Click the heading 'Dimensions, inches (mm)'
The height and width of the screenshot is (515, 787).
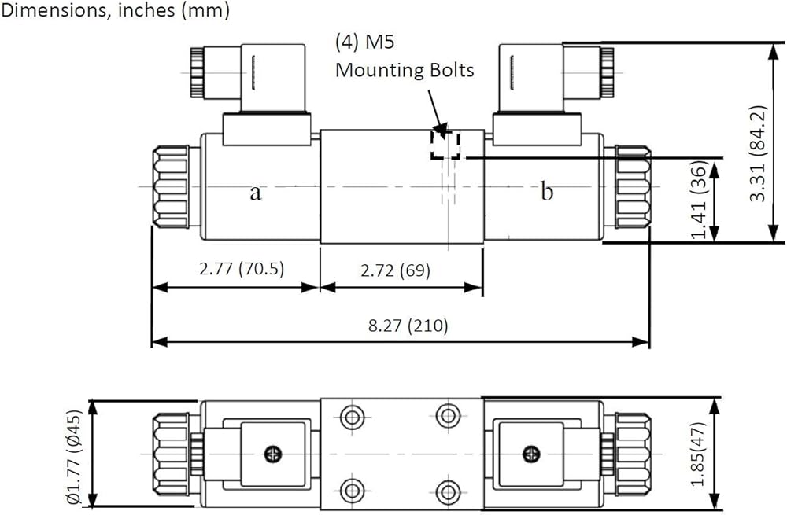pyautogui.click(x=116, y=10)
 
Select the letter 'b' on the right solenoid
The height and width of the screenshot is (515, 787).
pyautogui.click(x=547, y=192)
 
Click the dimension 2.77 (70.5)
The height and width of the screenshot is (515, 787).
pyautogui.click(x=242, y=269)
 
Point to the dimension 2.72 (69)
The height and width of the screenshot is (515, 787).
pyautogui.click(x=396, y=270)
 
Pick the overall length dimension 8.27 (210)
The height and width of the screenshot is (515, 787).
pyautogui.click(x=408, y=326)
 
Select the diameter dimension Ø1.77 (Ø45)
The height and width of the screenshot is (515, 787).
pyautogui.click(x=73, y=457)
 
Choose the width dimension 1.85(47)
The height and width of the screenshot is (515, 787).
pyautogui.click(x=699, y=454)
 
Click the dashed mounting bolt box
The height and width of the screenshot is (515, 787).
pyautogui.click(x=445, y=145)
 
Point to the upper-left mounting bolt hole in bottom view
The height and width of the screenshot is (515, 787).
pyautogui.click(x=352, y=417)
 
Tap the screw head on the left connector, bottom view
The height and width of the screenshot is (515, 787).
pyautogui.click(x=273, y=454)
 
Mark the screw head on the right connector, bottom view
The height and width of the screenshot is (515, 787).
pyautogui.click(x=531, y=454)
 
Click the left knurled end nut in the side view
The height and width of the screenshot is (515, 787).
pyautogui.click(x=171, y=187)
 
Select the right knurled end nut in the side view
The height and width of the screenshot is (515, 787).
pyautogui.click(x=633, y=187)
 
